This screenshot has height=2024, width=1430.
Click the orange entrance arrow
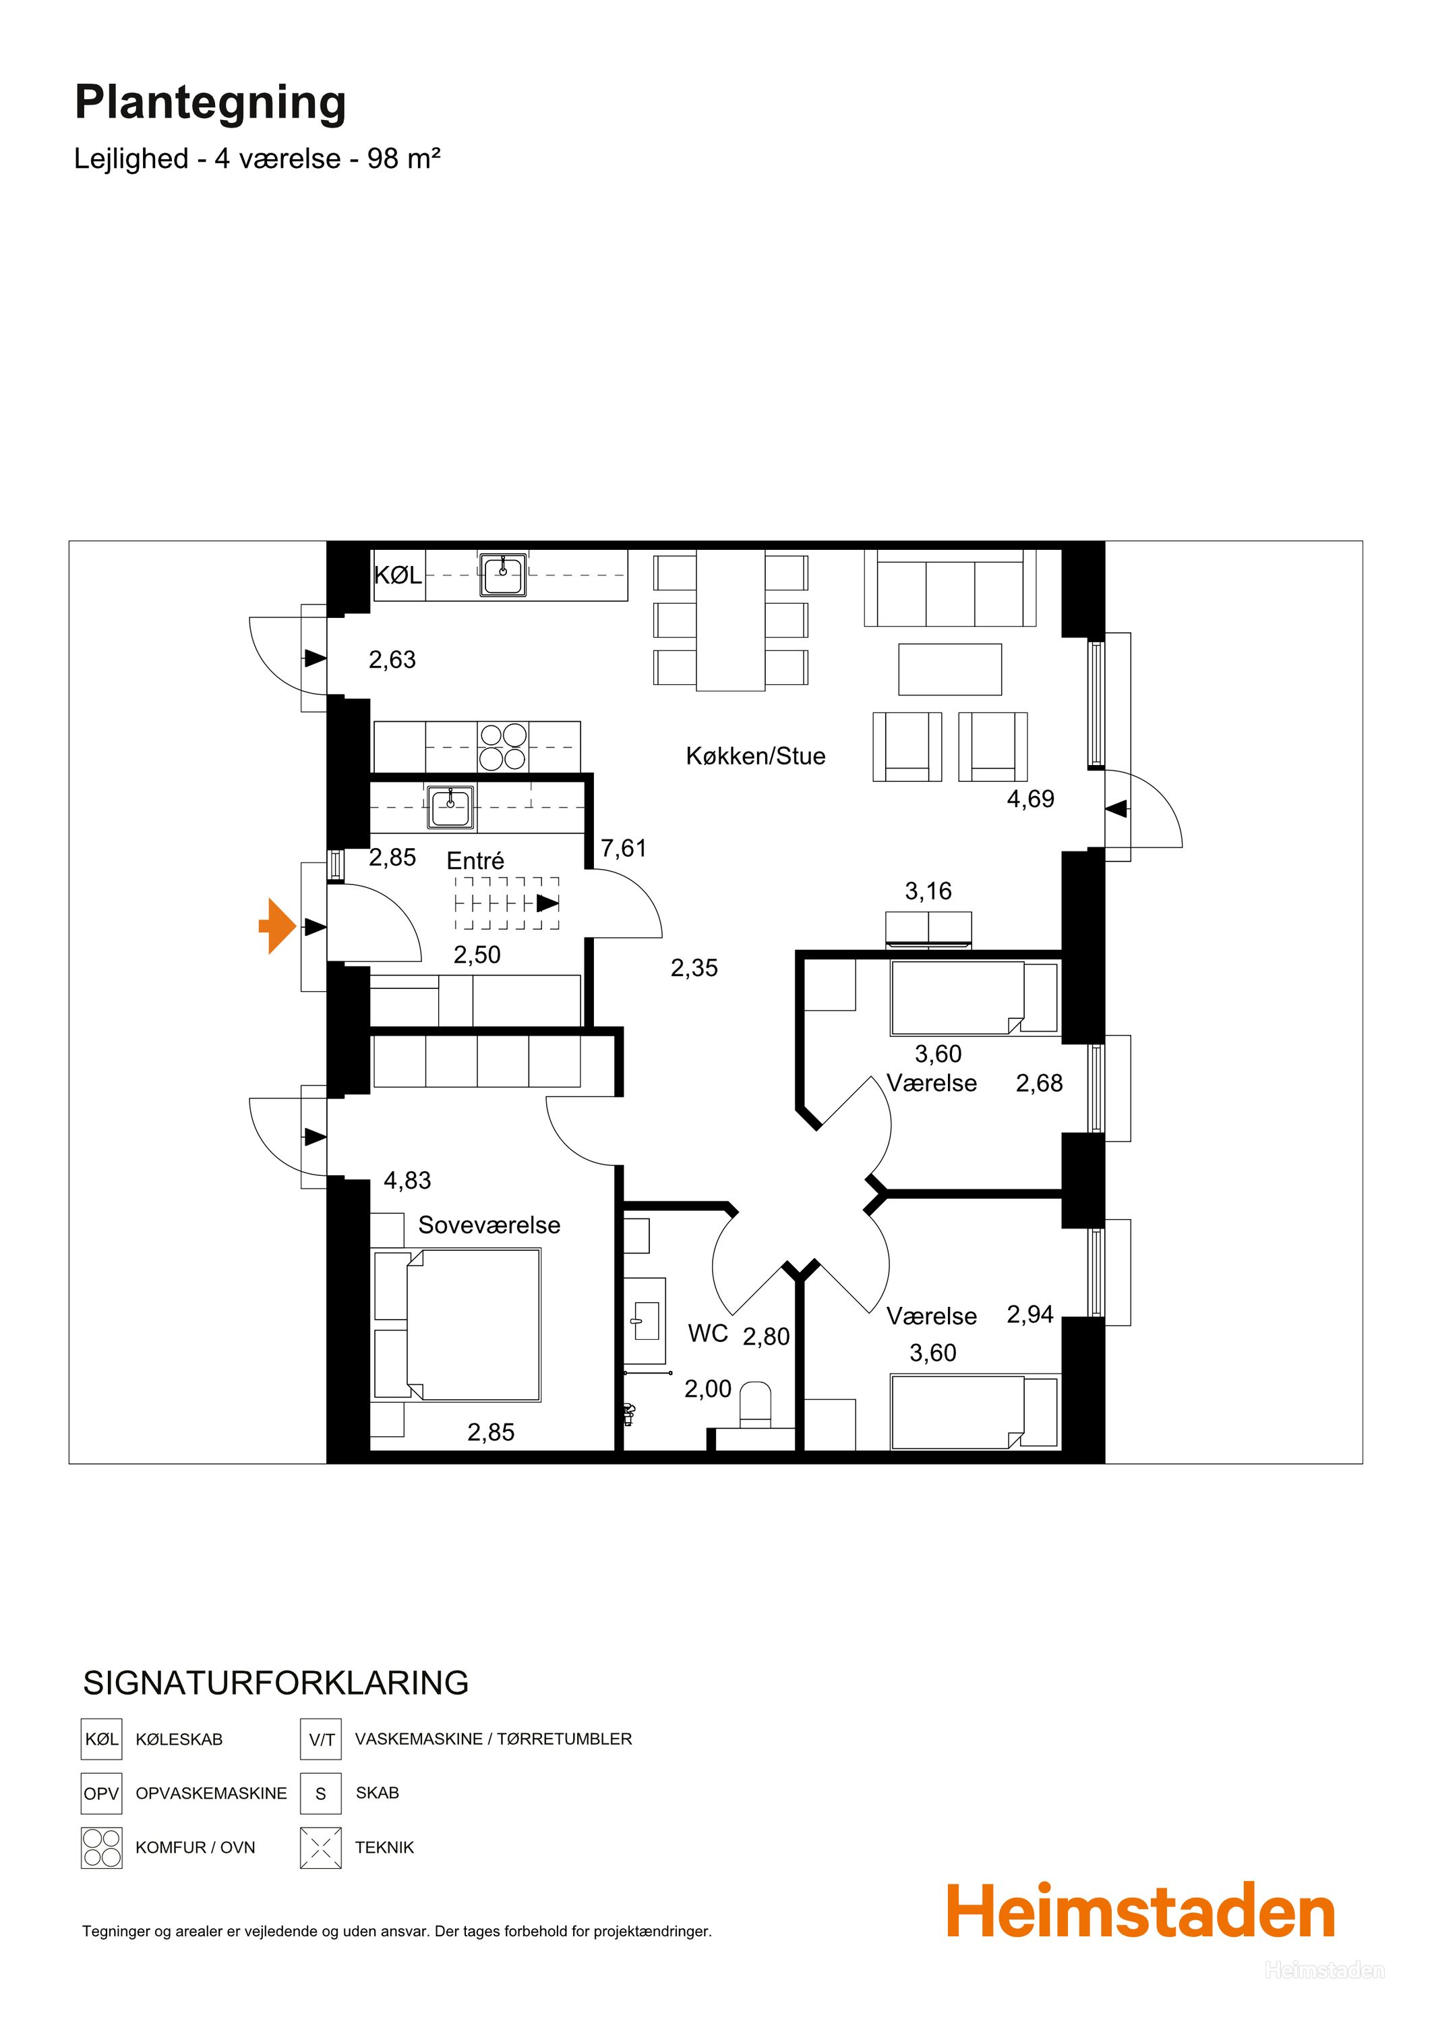click(x=278, y=926)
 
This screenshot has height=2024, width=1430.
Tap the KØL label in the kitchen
click(x=398, y=575)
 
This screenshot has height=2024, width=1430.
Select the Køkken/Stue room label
click(x=756, y=756)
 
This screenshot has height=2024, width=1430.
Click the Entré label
click(x=476, y=860)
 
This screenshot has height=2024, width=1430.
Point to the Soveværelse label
click(x=489, y=1225)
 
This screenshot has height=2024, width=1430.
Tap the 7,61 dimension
click(x=624, y=848)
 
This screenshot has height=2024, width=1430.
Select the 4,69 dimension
click(x=1031, y=799)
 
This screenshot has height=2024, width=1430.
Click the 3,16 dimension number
click(x=928, y=891)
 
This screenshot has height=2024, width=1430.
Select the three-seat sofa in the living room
click(x=950, y=587)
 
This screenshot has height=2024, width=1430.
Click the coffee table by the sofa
click(x=950, y=669)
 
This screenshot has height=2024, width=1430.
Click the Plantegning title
click(x=210, y=104)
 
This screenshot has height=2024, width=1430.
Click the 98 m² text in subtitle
click(x=404, y=159)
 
